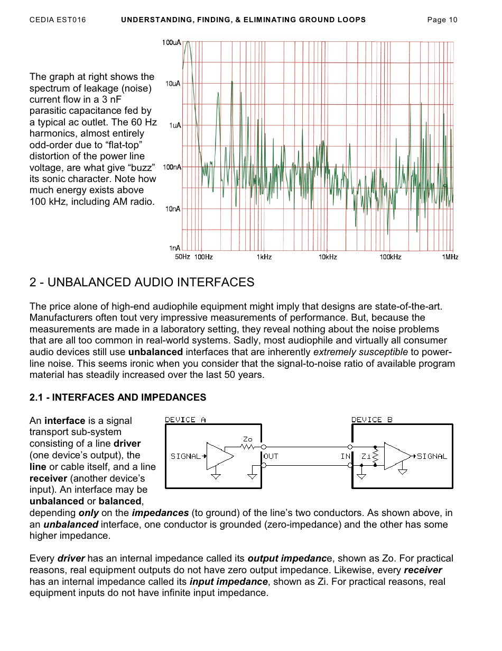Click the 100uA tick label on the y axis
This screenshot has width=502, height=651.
[171, 43]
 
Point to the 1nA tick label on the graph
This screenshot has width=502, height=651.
[174, 248]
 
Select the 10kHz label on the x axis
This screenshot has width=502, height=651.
[328, 257]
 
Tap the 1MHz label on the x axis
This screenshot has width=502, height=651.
[450, 257]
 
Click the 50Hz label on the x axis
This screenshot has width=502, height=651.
[182, 257]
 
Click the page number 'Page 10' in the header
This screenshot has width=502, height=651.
[442, 20]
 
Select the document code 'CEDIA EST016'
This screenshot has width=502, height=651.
[58, 20]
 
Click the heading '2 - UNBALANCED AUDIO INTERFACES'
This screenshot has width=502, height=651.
[142, 282]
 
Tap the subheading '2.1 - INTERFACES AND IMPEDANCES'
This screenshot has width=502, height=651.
[118, 397]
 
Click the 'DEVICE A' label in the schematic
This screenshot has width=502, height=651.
[185, 420]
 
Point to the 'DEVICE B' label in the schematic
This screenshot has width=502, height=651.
[372, 420]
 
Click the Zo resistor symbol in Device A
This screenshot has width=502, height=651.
[248, 447]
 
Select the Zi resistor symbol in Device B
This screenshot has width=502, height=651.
[375, 456]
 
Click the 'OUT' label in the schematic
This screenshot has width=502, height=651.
[271, 456]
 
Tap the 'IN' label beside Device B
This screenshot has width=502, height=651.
[346, 456]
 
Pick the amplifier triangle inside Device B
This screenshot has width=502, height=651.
[396, 456]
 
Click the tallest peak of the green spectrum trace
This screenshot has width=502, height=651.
[187, 42]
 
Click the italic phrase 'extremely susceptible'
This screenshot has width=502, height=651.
[360, 352]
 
